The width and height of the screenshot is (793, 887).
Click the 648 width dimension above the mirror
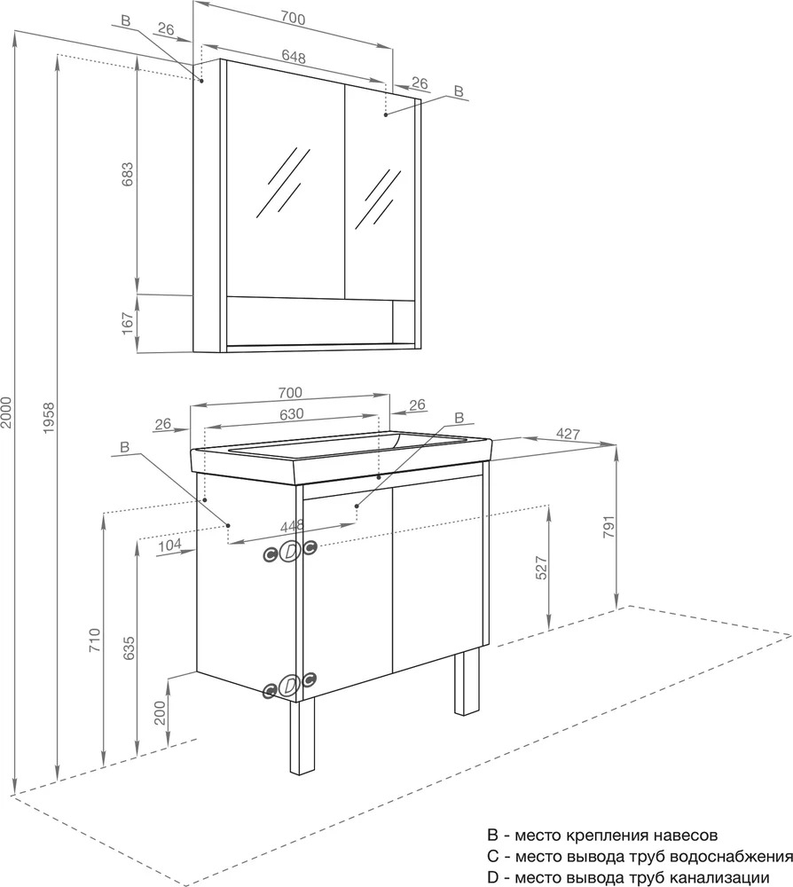click(293, 57)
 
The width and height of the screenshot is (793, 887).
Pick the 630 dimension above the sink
click(292, 413)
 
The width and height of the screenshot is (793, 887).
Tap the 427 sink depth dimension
click(568, 434)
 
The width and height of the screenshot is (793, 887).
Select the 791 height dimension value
click(608, 527)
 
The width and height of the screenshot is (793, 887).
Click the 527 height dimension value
click(541, 568)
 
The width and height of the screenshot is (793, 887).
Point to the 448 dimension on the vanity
click(293, 525)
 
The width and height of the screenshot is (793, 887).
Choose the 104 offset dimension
click(169, 545)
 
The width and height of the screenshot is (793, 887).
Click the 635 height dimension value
click(129, 648)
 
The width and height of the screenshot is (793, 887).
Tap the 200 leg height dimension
click(160, 713)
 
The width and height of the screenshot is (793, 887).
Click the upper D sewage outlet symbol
click(289, 551)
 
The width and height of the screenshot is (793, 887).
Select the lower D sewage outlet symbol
click(289, 685)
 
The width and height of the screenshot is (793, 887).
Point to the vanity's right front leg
click(467, 681)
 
